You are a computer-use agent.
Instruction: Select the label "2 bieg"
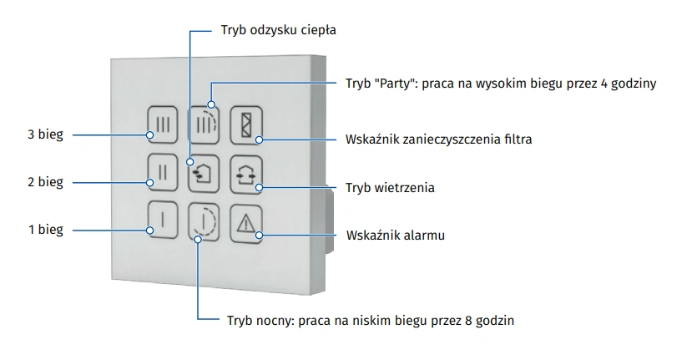pyautogui.click(x=45, y=182)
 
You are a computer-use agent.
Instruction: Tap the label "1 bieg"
pyautogui.click(x=45, y=230)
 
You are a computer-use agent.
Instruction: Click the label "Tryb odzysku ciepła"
pyautogui.click(x=278, y=31)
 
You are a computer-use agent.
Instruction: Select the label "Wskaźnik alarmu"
pyautogui.click(x=395, y=236)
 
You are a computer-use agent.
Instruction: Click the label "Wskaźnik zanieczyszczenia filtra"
pyautogui.click(x=438, y=139)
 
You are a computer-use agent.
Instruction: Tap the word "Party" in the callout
pyautogui.click(x=395, y=84)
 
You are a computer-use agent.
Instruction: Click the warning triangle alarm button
pyautogui.click(x=245, y=222)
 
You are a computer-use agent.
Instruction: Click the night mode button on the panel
pyautogui.click(x=204, y=221)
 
